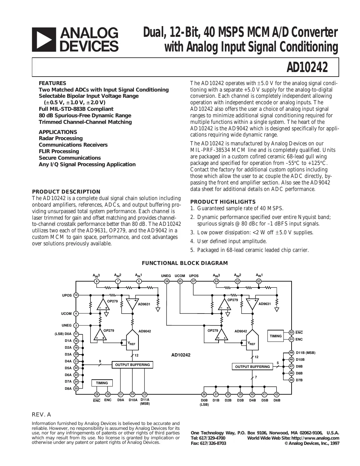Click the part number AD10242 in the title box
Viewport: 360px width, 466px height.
pos(307,68)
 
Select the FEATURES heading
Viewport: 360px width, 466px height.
pos(52,83)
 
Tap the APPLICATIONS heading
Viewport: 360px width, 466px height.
pos(58,132)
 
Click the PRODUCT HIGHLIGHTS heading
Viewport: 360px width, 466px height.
pos(223,202)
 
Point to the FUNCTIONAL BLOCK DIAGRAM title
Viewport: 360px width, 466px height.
pos(185,263)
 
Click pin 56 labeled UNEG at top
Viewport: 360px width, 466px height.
pos(167,281)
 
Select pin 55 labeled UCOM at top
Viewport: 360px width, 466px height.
pos(180,281)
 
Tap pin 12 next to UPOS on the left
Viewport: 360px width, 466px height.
pos(76,295)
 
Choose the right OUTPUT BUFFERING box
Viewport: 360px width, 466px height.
pos(252,367)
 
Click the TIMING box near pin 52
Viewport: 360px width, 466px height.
pos(276,336)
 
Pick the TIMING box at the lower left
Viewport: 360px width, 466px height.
pos(102,383)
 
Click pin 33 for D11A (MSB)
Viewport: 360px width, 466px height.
pos(145,394)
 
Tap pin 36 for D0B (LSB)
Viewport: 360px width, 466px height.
pos(204,394)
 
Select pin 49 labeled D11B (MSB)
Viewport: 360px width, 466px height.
pos(292,353)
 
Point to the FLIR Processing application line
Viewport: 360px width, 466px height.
pos(59,151)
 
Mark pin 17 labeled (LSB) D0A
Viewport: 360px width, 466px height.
pos(76,334)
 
